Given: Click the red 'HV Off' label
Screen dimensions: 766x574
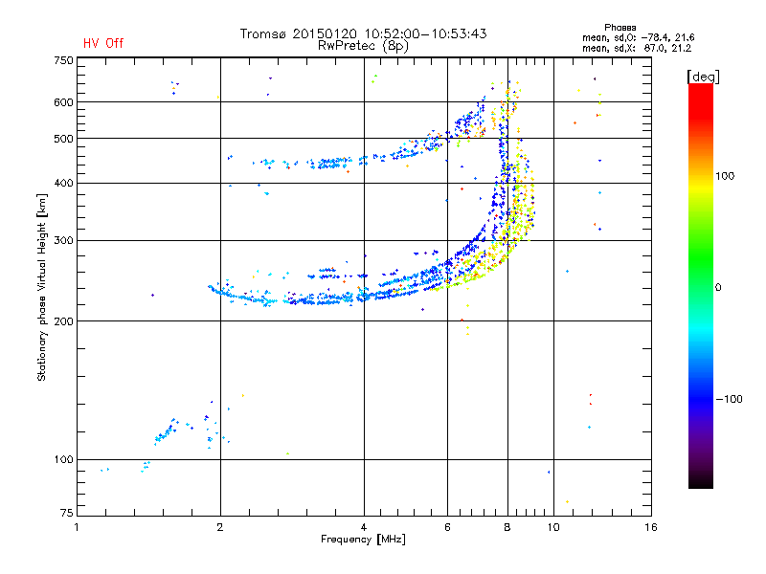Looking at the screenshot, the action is pos(103,43).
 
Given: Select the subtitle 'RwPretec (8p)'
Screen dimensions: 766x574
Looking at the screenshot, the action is pos(363,46).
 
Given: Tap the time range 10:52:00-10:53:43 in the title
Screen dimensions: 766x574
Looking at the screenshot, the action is pos(425,33).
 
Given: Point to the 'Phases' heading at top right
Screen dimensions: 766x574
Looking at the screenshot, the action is pos(620,28).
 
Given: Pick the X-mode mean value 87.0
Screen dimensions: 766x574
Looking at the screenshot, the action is pos(657,48).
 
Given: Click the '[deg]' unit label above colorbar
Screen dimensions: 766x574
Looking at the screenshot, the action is pos(703,77).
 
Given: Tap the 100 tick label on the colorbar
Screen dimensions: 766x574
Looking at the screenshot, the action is pos(725,176).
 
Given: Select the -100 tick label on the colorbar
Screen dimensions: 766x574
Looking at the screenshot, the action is pos(729,399).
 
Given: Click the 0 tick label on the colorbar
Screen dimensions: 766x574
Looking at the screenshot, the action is pos(718,288).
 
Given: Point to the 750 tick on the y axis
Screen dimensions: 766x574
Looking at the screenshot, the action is pos(63,60).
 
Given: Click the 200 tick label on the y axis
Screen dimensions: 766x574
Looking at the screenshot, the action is pos(63,321).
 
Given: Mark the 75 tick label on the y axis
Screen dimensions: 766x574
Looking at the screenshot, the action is pos(67,513).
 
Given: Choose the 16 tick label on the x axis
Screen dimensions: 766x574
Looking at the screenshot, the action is pos(651,527).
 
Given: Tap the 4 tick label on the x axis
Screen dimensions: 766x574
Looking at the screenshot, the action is pos(364,527).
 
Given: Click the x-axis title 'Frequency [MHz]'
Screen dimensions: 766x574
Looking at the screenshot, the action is pos(363,540).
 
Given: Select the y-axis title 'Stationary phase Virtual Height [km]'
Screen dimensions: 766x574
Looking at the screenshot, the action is pos(42,288).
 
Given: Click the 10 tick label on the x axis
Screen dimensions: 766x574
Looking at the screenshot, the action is pos(553,527).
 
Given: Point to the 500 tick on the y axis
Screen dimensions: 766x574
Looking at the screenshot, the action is pos(63,139).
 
